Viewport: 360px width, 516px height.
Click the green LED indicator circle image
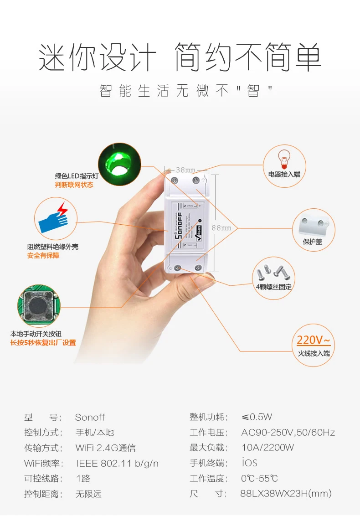click(119, 163)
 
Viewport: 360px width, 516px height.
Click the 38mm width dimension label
click(185, 170)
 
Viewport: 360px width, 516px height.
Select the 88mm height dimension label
click(221, 227)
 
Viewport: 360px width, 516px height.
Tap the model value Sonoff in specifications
click(90, 417)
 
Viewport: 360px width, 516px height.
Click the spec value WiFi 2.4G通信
click(105, 448)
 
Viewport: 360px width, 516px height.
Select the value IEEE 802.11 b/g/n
click(117, 464)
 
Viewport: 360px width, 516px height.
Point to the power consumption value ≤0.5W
click(257, 417)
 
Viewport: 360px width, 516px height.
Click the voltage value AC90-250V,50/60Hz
click(288, 433)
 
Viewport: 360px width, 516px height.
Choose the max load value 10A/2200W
click(267, 448)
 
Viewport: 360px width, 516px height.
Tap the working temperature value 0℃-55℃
click(259, 479)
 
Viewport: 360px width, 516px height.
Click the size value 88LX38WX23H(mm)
click(286, 494)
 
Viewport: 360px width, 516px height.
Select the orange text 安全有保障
click(43, 256)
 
